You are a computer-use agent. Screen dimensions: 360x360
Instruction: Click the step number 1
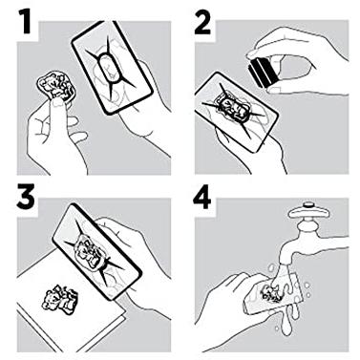pyautogui.click(x=25, y=22)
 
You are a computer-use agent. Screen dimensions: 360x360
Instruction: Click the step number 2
pyautogui.click(x=202, y=22)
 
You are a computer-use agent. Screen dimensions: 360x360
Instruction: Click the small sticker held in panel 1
pyautogui.click(x=56, y=86)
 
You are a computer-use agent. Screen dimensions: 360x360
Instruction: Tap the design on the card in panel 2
pyautogui.click(x=235, y=108)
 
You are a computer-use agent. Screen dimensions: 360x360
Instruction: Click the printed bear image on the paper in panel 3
pyautogui.click(x=59, y=299)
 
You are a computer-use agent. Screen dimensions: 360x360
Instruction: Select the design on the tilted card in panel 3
pyautogui.click(x=90, y=252)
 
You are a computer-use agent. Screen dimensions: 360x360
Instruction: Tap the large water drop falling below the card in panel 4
pyautogui.click(x=287, y=327)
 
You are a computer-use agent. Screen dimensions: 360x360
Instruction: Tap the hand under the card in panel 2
pyautogui.click(x=255, y=151)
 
